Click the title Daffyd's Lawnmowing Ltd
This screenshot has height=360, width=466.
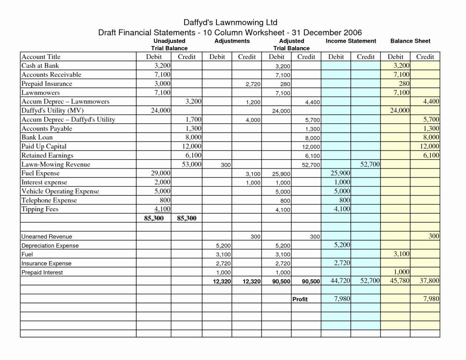pyautogui.click(x=230, y=22)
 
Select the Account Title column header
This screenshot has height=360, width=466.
pyautogui.click(x=41, y=57)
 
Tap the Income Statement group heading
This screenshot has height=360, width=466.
pyautogui.click(x=351, y=41)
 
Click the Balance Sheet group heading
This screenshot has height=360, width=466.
pyautogui.click(x=410, y=41)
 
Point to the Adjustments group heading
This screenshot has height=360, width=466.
pyautogui.click(x=232, y=41)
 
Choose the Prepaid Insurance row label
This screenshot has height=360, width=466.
pyautogui.click(x=47, y=84)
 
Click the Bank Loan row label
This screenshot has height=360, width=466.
pyautogui.click(x=37, y=137)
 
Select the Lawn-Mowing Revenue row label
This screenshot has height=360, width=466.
pyautogui.click(x=56, y=164)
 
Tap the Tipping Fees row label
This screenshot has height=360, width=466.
pyautogui.click(x=40, y=209)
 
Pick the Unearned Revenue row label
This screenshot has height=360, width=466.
pyautogui.click(x=47, y=236)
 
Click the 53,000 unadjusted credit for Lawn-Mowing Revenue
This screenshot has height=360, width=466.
pyautogui.click(x=192, y=164)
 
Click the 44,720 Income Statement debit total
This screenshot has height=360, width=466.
pyautogui.click(x=340, y=281)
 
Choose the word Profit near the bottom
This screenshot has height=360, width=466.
pyautogui.click(x=300, y=299)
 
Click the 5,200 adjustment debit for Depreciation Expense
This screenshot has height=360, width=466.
pyautogui.click(x=223, y=246)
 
